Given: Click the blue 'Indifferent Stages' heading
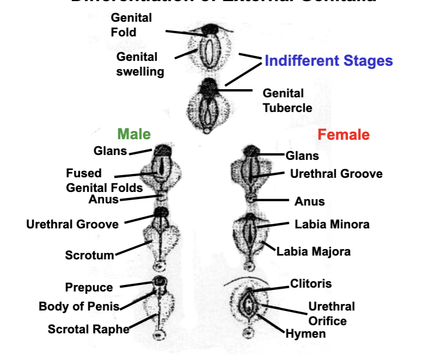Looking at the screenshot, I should pyautogui.click(x=328, y=60).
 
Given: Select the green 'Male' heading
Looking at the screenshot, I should pyautogui.click(x=134, y=134).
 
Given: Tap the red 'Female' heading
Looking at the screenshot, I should pyautogui.click(x=343, y=134).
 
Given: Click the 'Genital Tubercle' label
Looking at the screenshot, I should pyautogui.click(x=287, y=101).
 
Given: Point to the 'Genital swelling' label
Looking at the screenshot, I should pyautogui.click(x=139, y=64).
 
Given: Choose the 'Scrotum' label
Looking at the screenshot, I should pyautogui.click(x=90, y=255).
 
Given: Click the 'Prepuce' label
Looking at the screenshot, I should pyautogui.click(x=89, y=288).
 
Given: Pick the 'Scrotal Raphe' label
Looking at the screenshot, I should pyautogui.click(x=89, y=329).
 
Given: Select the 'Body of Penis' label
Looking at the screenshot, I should pyautogui.click(x=79, y=307).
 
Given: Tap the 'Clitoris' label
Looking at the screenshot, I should pyautogui.click(x=311, y=283).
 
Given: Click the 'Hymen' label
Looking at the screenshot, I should pyautogui.click(x=306, y=334).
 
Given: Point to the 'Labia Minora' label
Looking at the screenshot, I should pyautogui.click(x=332, y=224).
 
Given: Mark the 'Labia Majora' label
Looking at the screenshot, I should pyautogui.click(x=313, y=251).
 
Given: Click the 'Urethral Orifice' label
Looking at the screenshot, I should pyautogui.click(x=331, y=313).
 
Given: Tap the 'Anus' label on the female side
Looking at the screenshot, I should pyautogui.click(x=309, y=202).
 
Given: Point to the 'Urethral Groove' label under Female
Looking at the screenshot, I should pyautogui.click(x=336, y=174).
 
